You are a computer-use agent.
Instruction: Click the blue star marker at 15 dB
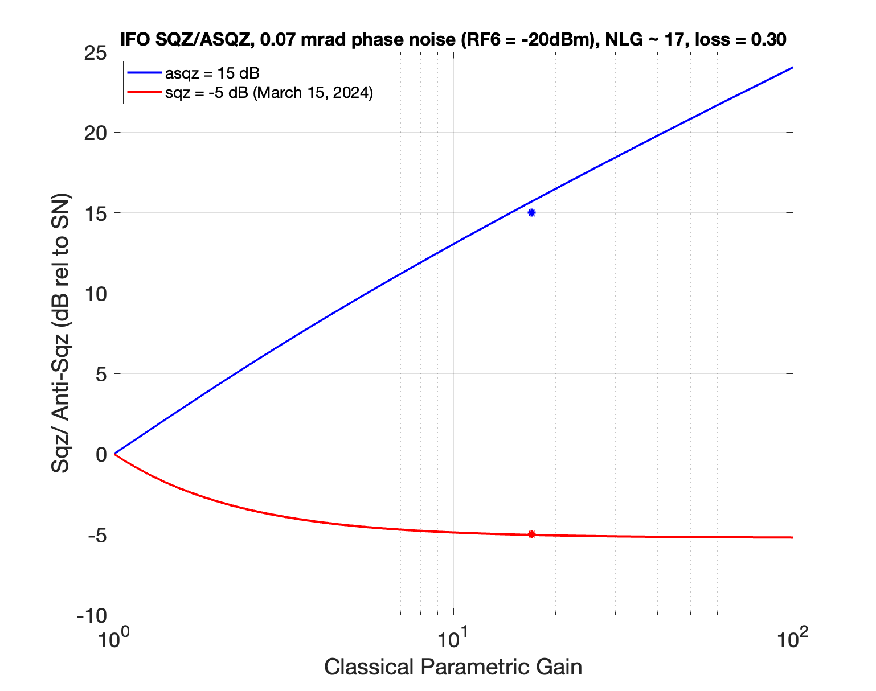pos(531,213)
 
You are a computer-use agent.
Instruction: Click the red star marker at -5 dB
pos(531,534)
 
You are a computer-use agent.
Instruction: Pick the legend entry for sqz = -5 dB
pos(268,93)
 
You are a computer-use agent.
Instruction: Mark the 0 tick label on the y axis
pos(101,454)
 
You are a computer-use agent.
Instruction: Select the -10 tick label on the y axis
pos(93,615)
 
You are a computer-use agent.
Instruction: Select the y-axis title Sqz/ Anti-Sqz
pos(61,335)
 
